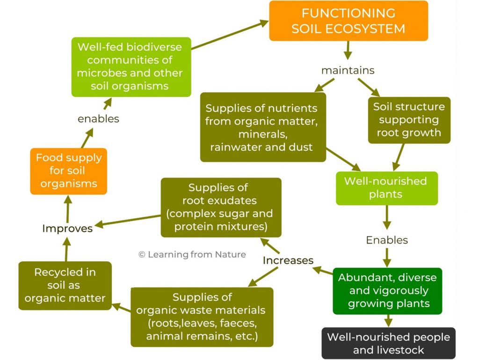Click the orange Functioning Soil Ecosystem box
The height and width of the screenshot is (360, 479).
pyautogui.click(x=348, y=21)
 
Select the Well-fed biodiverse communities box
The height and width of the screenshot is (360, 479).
pyautogui.click(x=131, y=67)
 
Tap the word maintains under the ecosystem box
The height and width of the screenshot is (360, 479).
pyautogui.click(x=348, y=70)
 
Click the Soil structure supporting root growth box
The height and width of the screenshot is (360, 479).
pyautogui.click(x=409, y=120)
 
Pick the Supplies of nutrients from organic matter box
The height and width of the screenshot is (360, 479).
pyautogui.click(x=262, y=127)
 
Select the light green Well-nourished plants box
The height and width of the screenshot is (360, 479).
pyautogui.click(x=386, y=188)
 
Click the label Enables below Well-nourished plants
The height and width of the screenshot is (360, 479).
pyautogui.click(x=387, y=240)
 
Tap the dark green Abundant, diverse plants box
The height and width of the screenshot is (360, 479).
pyautogui.click(x=387, y=290)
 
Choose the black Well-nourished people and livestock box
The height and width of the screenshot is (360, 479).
pyautogui.click(x=388, y=343)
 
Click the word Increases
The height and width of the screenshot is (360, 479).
pyautogui.click(x=288, y=260)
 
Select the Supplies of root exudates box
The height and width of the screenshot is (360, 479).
pyautogui.click(x=221, y=207)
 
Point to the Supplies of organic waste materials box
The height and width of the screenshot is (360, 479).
pyautogui.click(x=202, y=317)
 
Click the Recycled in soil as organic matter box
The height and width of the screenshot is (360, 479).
pyautogui.click(x=65, y=285)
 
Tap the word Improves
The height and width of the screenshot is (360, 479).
pyautogui.click(x=67, y=228)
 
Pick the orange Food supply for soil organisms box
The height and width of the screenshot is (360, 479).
pyautogui.click(x=68, y=171)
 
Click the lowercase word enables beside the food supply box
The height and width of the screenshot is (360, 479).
pyautogui.click(x=98, y=119)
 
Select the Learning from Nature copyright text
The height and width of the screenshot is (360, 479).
pyautogui.click(x=192, y=254)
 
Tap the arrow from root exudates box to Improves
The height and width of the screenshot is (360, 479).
pyautogui.click(x=129, y=220)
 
